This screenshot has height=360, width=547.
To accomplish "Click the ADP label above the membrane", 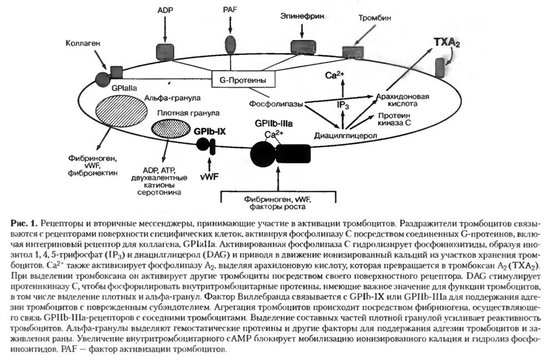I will click(165, 11).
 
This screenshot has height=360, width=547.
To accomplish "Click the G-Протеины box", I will click(239, 81).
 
